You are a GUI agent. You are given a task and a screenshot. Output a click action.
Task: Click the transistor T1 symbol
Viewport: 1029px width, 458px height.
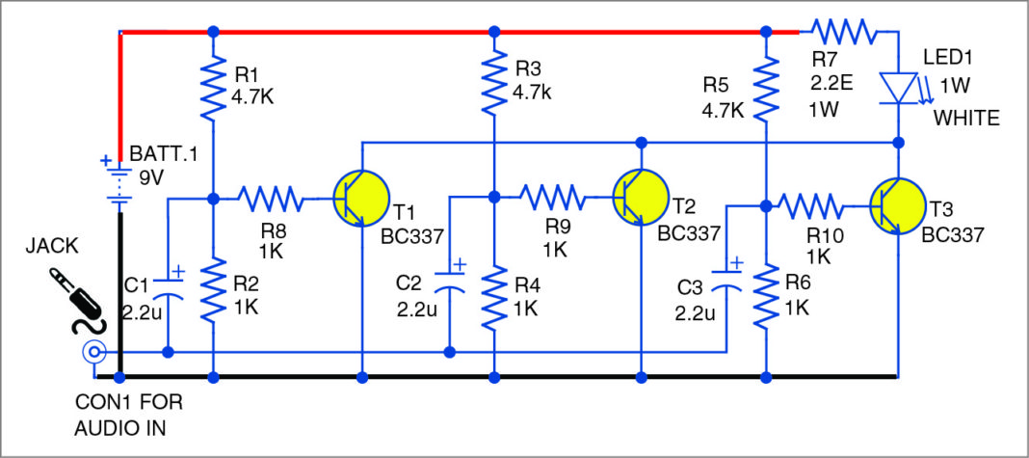[x=361, y=200]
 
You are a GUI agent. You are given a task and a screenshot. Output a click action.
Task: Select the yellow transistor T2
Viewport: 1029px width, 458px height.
[x=641, y=199]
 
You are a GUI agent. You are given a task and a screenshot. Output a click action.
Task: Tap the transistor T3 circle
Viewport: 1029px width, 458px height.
[x=897, y=205]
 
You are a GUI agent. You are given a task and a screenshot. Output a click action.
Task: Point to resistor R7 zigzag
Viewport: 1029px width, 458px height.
[x=844, y=32]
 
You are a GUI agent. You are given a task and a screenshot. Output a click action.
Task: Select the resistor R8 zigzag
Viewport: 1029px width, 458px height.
[x=272, y=200]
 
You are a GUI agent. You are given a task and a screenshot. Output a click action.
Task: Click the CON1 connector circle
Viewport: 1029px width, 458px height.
[x=93, y=353]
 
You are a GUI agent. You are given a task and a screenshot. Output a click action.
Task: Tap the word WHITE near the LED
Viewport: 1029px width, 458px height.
[x=966, y=118]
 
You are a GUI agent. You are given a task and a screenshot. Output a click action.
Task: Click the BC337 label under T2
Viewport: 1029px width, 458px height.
[x=690, y=233]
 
